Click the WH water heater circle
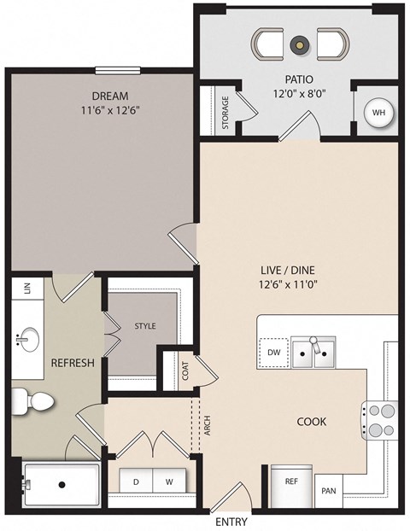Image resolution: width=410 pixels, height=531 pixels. (x=378, y=114)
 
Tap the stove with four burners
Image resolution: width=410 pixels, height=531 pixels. (x=380, y=418)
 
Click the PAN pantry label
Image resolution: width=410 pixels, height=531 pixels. (x=328, y=492)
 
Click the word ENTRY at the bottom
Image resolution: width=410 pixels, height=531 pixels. (x=231, y=521)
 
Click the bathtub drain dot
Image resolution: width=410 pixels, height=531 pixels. (x=61, y=485)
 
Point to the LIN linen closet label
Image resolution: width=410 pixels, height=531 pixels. (x=26, y=289)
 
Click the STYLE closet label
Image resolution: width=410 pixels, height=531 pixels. (x=144, y=326)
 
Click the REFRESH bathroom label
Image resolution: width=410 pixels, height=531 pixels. (x=72, y=362)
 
